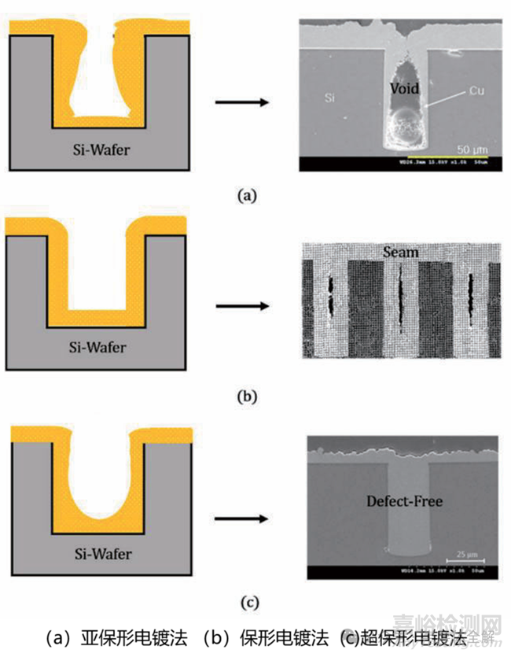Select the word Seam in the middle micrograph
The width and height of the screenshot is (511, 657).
click(x=401, y=253)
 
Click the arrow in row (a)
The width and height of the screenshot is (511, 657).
click(x=243, y=102)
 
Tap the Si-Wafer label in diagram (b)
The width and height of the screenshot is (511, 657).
click(x=98, y=346)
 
